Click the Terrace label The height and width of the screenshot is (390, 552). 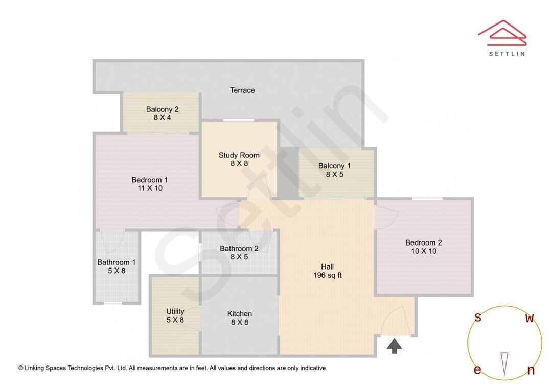click(x=242, y=90)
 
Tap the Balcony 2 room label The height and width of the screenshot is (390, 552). click(x=162, y=109)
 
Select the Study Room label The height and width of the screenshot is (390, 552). click(x=239, y=155)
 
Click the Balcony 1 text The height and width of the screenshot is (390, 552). click(x=334, y=166)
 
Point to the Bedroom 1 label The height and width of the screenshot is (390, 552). click(x=149, y=180)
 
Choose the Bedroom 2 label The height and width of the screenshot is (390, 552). click(x=423, y=243)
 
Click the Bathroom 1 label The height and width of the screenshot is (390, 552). click(x=117, y=262)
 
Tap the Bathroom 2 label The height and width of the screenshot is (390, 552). click(x=239, y=249)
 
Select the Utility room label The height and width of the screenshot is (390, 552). click(x=175, y=311)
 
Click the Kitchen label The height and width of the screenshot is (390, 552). click(x=239, y=314)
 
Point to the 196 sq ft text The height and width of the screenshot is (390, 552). click(x=327, y=275)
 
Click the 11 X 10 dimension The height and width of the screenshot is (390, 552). click(x=149, y=188)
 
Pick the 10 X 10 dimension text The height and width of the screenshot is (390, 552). click(x=423, y=251)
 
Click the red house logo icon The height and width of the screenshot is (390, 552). click(x=502, y=32)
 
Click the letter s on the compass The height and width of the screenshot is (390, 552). click(x=477, y=318)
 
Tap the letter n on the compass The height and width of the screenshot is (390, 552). click(x=531, y=371)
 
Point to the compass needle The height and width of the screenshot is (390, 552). click(x=504, y=364)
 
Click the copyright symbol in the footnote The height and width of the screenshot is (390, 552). click(x=21, y=368)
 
